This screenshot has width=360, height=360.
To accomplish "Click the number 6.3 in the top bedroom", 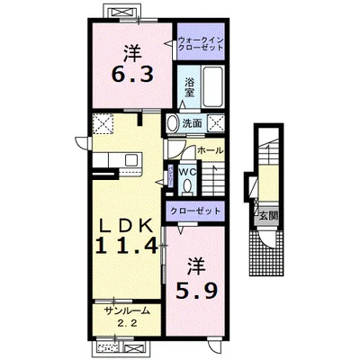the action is [132, 74].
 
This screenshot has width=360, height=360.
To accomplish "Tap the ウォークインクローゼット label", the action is [201, 44].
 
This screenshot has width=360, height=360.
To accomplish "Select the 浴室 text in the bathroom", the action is [189, 87].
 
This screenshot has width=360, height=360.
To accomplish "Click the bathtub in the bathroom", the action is [212, 87].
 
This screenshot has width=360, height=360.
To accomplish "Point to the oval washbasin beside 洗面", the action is [173, 123].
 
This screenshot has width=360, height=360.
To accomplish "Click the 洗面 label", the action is [192, 123].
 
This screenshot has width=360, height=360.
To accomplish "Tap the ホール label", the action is [211, 150].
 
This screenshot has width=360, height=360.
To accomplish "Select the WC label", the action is [187, 172].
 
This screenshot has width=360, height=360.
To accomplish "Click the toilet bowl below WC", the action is [187, 186].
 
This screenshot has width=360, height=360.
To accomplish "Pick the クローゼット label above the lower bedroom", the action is [195, 211].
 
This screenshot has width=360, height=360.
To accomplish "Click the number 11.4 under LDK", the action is [127, 245].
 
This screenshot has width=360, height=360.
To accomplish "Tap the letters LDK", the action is [126, 225].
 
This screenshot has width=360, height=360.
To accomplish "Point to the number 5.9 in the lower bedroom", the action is [196, 291].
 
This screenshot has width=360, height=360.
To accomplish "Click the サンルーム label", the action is [127, 311].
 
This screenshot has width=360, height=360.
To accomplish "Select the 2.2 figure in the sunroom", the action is [127, 323].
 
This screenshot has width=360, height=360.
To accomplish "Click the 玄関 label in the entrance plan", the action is [268, 216].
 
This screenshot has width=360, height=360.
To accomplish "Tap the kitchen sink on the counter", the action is [131, 160].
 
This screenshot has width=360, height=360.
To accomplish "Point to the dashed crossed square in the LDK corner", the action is [103, 123].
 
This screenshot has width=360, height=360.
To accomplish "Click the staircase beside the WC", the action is [212, 179].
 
